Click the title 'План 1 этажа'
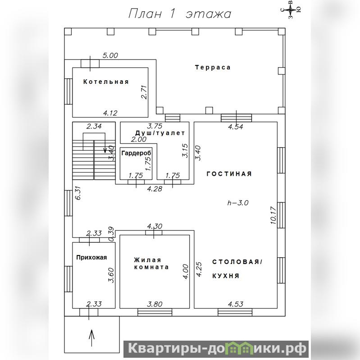point(179,14)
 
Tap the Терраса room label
point(213,68)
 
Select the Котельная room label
point(106,82)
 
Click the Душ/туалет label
point(160,133)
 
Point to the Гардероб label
point(137,153)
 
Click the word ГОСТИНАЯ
point(229,174)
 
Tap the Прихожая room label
point(91,257)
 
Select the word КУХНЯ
point(226,276)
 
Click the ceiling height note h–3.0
point(238,203)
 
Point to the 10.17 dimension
point(273,215)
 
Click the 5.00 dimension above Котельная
point(110,55)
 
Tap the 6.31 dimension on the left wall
point(78,193)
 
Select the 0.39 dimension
point(111,234)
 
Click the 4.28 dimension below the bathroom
point(155,189)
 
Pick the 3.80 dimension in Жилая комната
point(155,304)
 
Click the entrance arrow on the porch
point(91,338)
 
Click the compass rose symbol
point(291,9)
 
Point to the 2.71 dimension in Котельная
point(144,92)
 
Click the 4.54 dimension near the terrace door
point(236,127)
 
